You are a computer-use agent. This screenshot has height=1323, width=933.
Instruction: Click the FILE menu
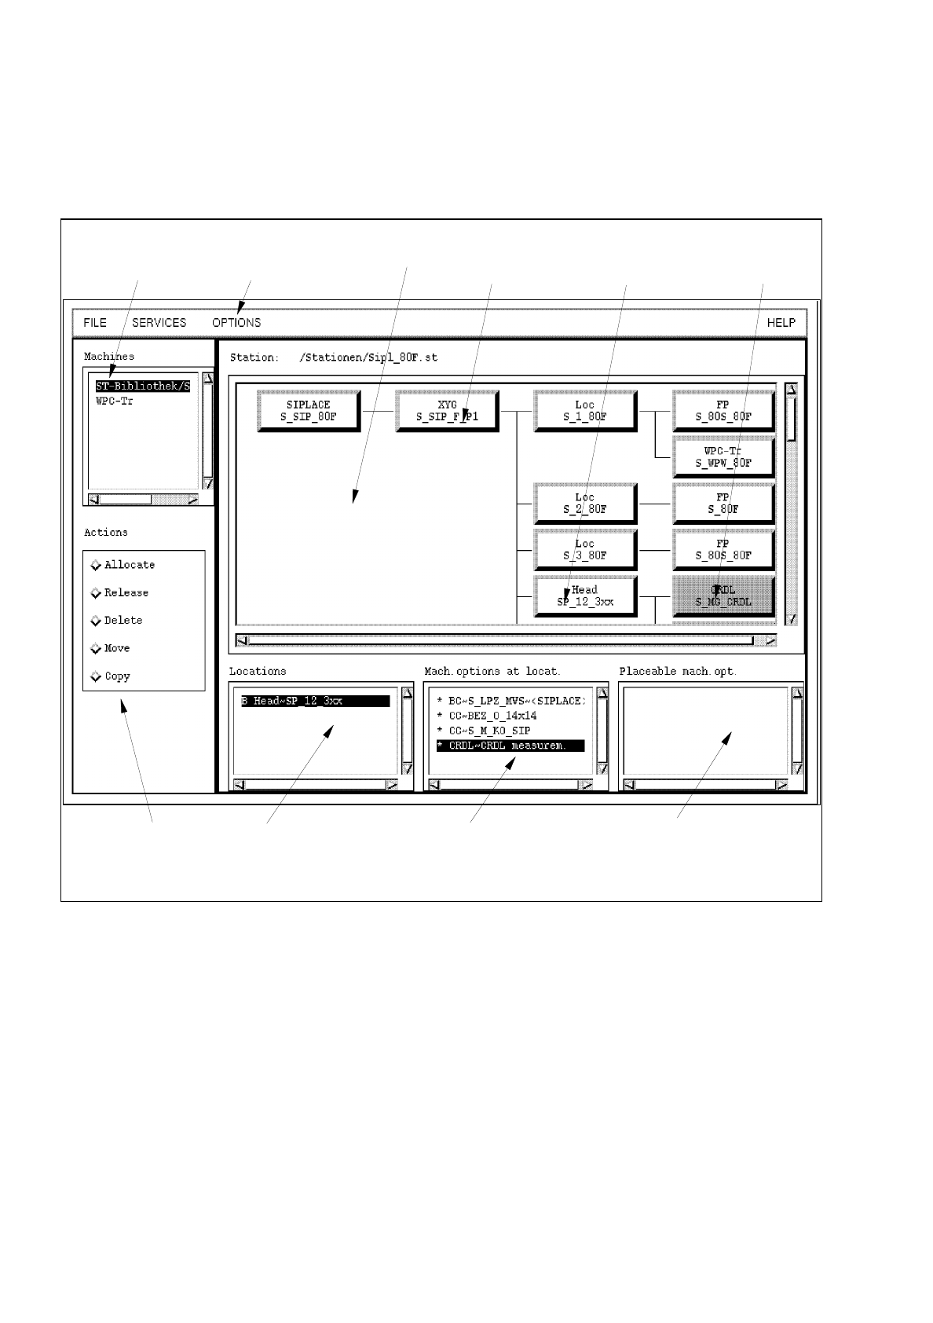click(x=95, y=323)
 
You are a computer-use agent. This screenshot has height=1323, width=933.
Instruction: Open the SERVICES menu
click(x=159, y=323)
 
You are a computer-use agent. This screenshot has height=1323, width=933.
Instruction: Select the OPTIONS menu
click(x=236, y=323)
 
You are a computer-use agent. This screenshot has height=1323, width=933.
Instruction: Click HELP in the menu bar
click(x=781, y=323)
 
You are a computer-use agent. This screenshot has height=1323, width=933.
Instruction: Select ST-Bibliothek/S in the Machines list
click(x=143, y=387)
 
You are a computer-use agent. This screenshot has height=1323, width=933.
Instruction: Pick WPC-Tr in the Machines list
click(x=115, y=401)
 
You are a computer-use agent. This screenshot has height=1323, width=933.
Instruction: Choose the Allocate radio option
click(x=97, y=565)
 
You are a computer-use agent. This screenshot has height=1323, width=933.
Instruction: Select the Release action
click(x=97, y=593)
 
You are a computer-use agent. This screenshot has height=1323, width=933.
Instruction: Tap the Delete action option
click(x=97, y=621)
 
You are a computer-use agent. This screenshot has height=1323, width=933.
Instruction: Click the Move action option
click(x=97, y=649)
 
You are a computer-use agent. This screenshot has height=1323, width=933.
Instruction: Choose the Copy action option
click(x=97, y=676)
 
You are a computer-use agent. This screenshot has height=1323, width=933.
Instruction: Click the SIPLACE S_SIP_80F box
click(x=308, y=411)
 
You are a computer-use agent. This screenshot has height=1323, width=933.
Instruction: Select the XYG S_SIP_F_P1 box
click(x=446, y=411)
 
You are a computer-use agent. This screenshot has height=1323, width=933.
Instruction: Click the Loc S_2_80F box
click(x=584, y=503)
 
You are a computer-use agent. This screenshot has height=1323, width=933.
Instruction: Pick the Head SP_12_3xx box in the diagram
click(x=584, y=596)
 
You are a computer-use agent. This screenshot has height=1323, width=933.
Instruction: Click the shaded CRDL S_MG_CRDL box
click(x=723, y=596)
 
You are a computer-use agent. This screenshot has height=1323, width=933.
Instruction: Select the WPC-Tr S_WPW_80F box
click(x=723, y=457)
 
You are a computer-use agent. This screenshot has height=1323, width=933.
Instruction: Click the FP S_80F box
click(x=723, y=503)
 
